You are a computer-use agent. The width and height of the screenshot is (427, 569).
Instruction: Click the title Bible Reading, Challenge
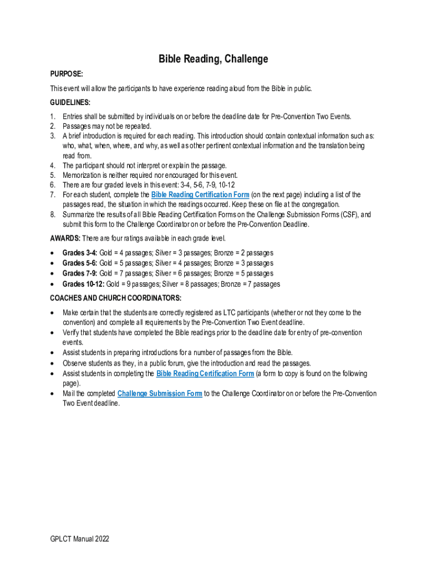213,59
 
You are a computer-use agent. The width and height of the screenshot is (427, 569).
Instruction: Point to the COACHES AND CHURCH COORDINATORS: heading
115,298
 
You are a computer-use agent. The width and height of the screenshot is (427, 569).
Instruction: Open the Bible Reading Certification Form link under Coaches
205,373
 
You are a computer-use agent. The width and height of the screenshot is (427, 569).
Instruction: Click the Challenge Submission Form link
160,393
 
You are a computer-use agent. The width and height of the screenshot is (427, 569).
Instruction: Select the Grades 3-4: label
79,253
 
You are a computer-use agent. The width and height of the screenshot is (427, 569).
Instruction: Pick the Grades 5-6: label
79,263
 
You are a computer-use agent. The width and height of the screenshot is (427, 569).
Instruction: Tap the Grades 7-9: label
79,273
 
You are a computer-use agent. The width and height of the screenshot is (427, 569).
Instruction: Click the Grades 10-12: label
82,284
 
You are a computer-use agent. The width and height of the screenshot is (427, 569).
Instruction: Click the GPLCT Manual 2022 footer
79,538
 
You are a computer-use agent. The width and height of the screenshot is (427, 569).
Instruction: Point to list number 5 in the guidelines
53,175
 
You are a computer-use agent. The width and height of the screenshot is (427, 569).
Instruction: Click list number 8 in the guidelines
53,214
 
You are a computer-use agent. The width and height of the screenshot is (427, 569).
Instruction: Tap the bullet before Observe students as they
52,363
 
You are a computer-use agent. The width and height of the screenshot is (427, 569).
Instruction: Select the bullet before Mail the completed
52,394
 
